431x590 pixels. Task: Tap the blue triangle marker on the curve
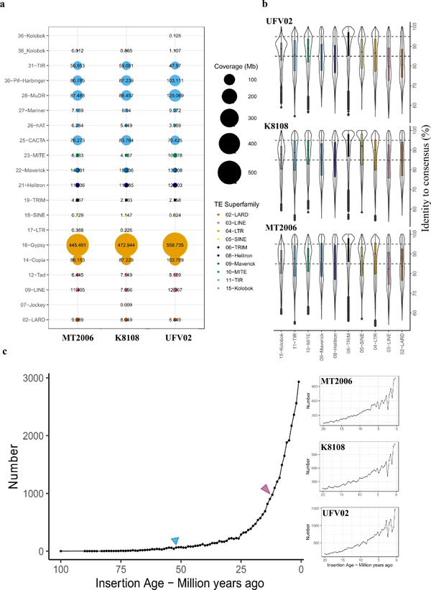coord(175,540)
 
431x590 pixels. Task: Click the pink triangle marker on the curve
coord(266,489)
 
